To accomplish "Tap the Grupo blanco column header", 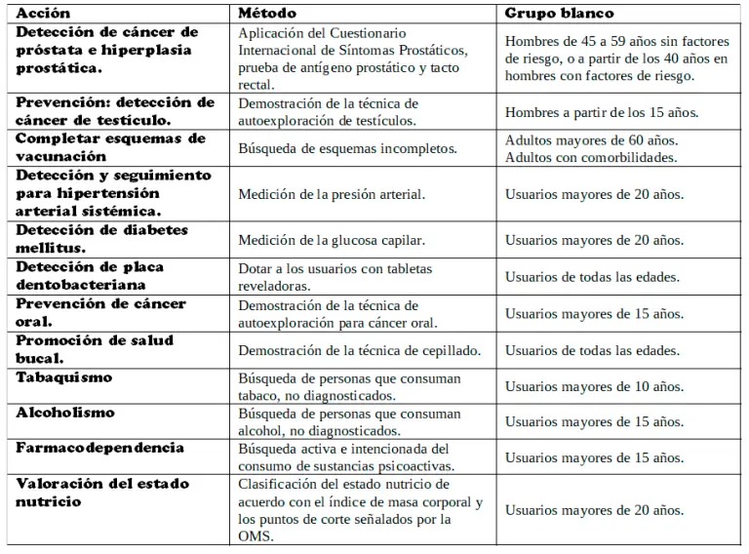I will coord(559,14).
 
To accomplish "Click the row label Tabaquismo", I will coord(63,377).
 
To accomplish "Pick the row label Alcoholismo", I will coord(64,412).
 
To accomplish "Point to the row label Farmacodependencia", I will coord(99,447).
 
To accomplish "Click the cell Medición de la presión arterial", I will coord(332,194).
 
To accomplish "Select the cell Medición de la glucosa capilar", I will coord(333,239).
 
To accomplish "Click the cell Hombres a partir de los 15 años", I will coord(602,112).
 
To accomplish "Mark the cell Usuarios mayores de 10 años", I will coord(594,387).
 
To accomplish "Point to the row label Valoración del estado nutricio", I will coord(102,493).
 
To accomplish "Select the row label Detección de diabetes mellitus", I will coord(102,239).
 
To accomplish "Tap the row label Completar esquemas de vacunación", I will coord(110,147).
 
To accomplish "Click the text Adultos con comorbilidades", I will coord(589,156).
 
